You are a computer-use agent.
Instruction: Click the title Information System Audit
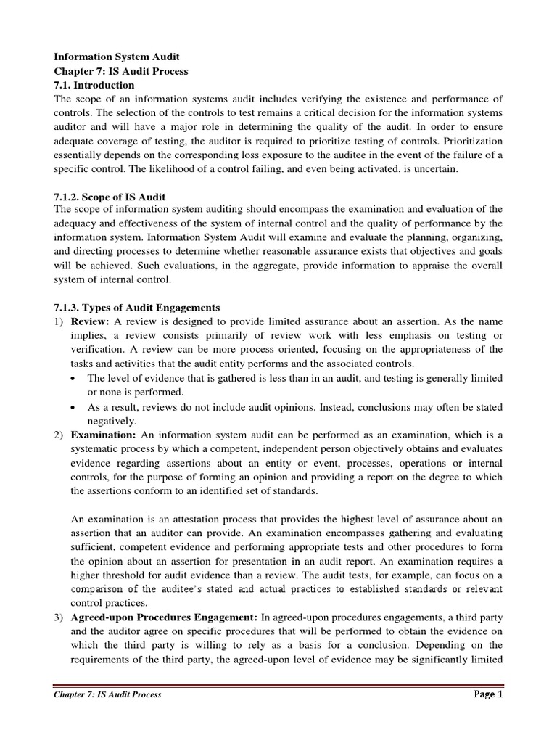[x=112, y=57]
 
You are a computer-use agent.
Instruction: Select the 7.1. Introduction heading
[x=94, y=85]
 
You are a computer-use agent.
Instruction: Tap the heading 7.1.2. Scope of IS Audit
[x=110, y=197]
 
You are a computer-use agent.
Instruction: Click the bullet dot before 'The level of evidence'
[x=77, y=379]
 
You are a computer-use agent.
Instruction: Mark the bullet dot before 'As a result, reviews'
[x=77, y=407]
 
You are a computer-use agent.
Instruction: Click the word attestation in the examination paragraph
[x=187, y=520]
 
